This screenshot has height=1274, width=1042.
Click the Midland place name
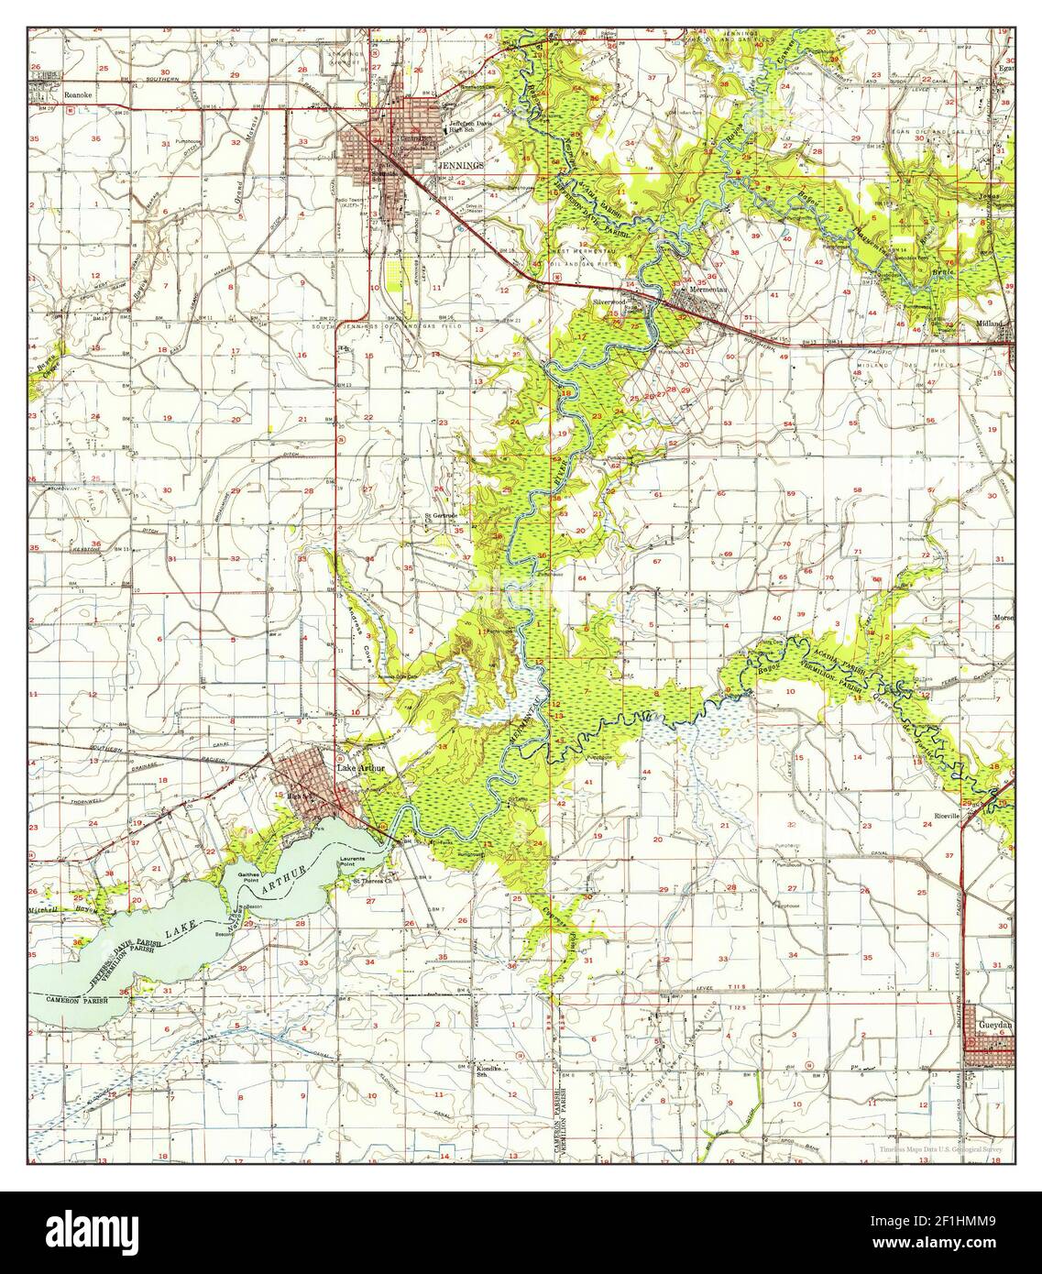pyautogui.click(x=995, y=324)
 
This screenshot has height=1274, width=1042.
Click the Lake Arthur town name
pyautogui.click(x=359, y=768)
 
